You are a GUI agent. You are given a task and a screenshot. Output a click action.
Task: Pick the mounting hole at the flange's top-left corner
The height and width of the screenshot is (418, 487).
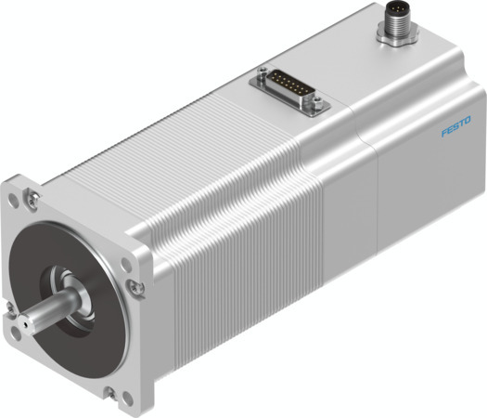tap(19, 199)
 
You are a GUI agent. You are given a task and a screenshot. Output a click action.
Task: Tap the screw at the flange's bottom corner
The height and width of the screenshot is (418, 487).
tap(110, 391)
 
